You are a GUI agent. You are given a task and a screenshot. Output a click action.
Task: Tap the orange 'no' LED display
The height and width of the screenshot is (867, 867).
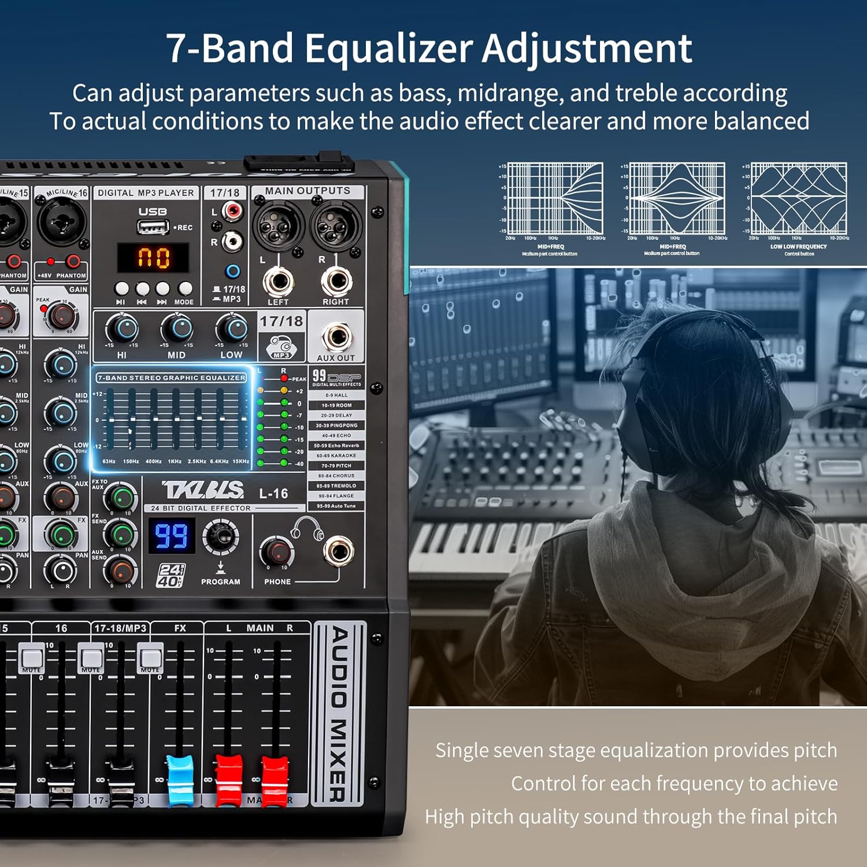click(x=154, y=257)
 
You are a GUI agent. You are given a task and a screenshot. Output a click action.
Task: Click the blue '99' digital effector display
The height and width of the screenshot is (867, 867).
click(x=171, y=536)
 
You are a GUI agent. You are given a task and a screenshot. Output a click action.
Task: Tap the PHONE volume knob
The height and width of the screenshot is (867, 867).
click(x=276, y=551)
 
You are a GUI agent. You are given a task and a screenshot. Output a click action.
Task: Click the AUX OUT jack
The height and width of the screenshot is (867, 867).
click(x=336, y=336)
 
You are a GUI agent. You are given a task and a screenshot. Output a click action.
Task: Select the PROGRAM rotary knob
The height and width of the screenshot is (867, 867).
click(x=220, y=536)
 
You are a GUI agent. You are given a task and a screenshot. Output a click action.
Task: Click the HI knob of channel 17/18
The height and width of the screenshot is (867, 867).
click(x=122, y=329)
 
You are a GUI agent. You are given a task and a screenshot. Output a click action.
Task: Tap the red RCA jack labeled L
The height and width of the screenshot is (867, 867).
click(x=232, y=211)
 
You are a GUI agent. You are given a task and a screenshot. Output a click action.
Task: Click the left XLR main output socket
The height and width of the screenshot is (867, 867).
click(x=278, y=226)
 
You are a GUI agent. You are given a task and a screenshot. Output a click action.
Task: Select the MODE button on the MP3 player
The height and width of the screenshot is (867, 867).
click(x=184, y=288)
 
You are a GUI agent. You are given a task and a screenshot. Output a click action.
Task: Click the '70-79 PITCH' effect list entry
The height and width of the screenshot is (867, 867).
click(x=336, y=465)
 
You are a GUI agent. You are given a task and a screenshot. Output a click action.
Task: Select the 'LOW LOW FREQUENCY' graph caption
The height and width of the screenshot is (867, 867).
click(x=798, y=247)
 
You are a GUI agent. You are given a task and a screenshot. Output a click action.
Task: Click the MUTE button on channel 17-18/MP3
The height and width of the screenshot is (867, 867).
click(x=150, y=658)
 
